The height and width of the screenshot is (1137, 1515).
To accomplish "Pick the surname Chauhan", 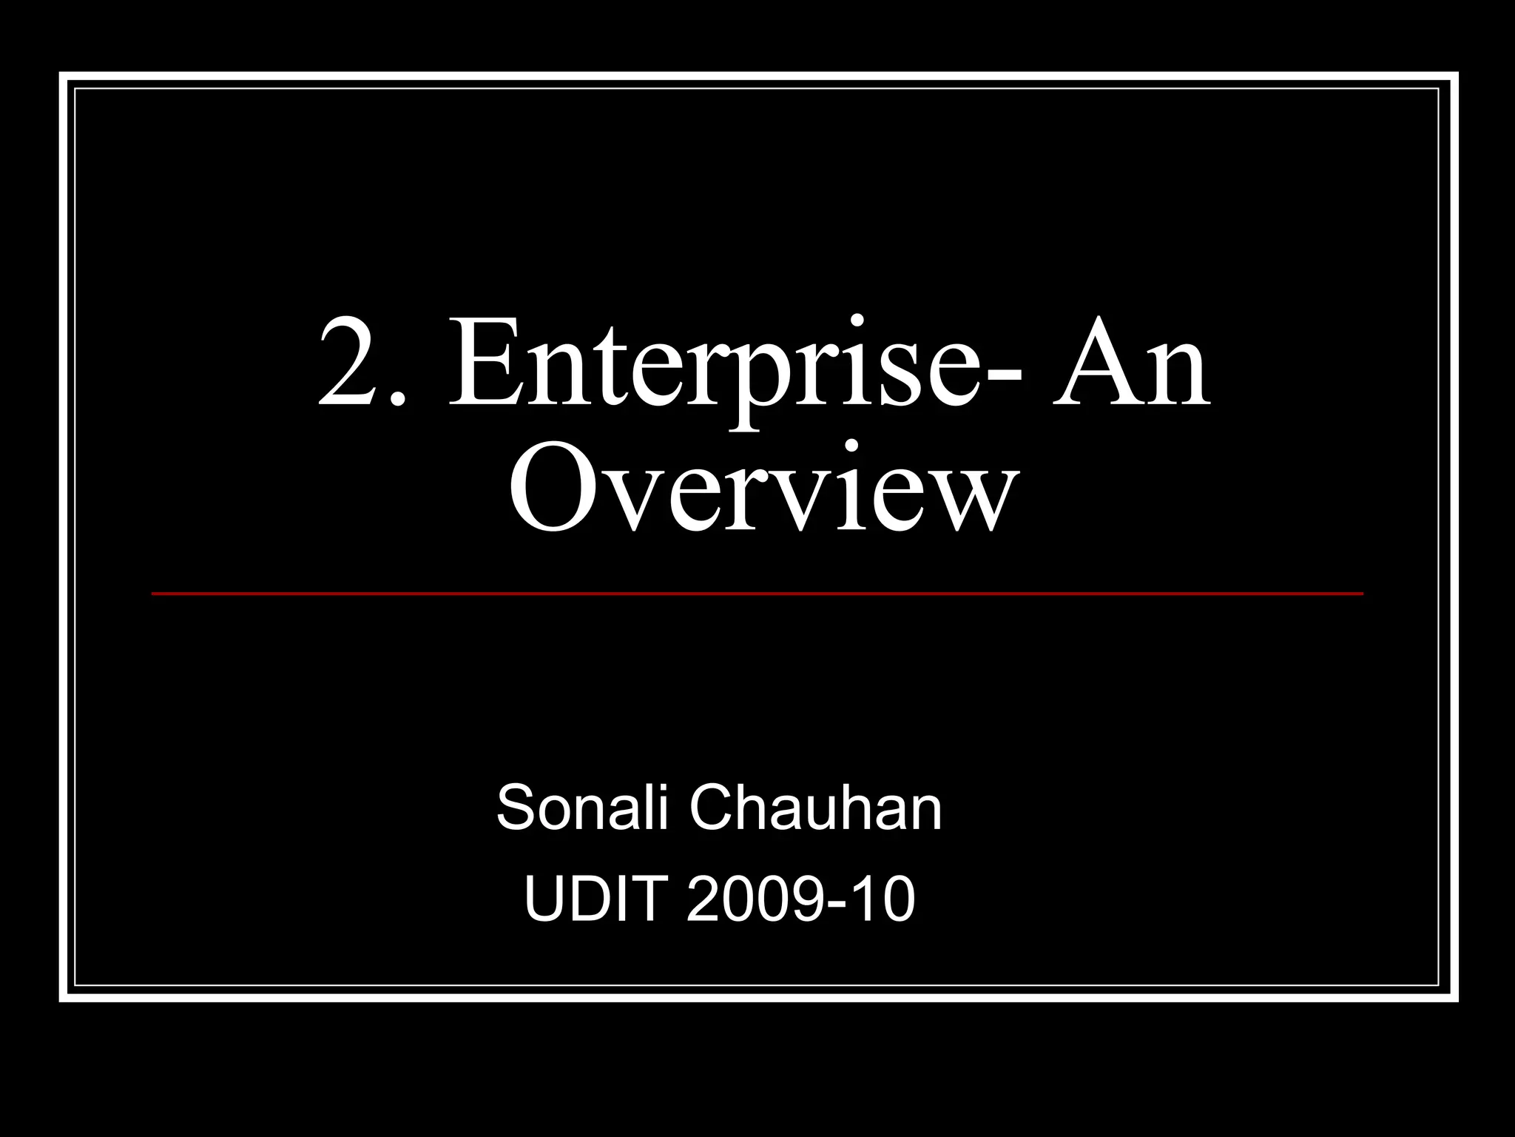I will click(x=815, y=810).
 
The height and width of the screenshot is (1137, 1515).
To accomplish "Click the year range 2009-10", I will click(x=801, y=899).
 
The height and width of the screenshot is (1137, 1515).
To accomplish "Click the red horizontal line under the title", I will click(x=757, y=594).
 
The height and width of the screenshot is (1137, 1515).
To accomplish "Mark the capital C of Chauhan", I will click(x=713, y=810).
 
